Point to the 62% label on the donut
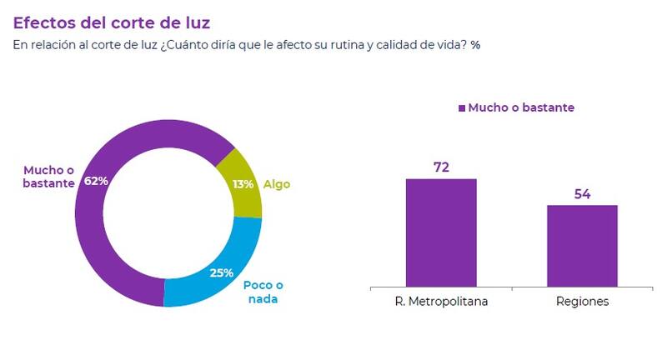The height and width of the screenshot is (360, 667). pos(97,181)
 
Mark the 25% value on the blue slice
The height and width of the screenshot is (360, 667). pos(220,272)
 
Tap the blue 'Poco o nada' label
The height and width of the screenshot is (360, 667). pos(260,292)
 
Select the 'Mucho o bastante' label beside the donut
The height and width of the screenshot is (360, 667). pos(48,175)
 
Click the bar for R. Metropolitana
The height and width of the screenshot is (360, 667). pos(441,232)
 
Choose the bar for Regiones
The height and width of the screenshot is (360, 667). pos(582,246)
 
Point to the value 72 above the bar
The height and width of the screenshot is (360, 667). pos(441,167)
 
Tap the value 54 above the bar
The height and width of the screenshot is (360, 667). pos(582,193)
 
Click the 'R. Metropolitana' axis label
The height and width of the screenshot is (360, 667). pos(441,302)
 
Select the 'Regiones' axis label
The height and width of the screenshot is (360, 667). pos(582,302)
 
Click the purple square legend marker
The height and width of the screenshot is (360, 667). pos(459,108)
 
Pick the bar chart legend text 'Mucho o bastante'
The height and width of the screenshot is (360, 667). pos(521,107)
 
